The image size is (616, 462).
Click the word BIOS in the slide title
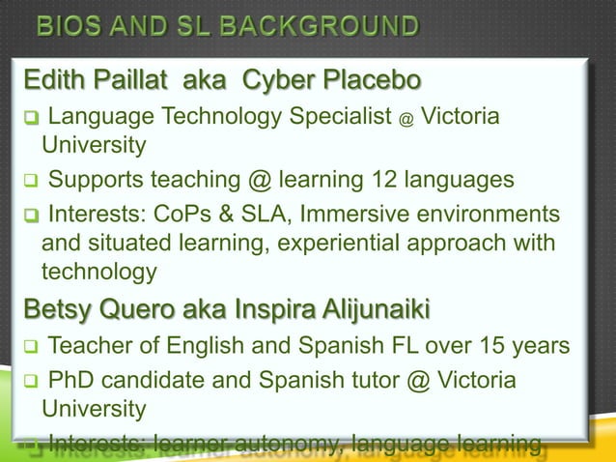pos(70,24)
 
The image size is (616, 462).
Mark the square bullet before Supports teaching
pos(31,181)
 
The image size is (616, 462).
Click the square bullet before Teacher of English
pos(31,346)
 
